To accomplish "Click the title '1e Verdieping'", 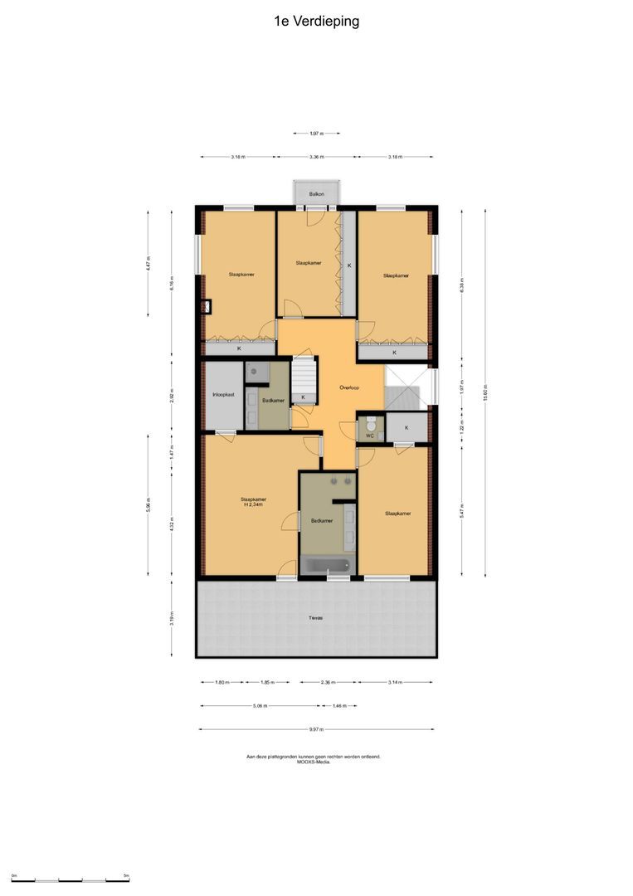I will pyautogui.click(x=316, y=22).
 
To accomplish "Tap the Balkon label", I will pyautogui.click(x=316, y=194).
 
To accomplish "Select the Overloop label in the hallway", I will pyautogui.click(x=348, y=387).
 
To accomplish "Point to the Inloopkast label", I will pyautogui.click(x=223, y=395).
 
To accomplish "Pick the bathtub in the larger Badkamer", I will pyautogui.click(x=328, y=566).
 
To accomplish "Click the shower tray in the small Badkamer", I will pyautogui.click(x=257, y=373).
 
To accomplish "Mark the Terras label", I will pyautogui.click(x=315, y=618).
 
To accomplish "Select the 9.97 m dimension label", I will pyautogui.click(x=316, y=729).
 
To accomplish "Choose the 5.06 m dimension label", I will pyautogui.click(x=261, y=706).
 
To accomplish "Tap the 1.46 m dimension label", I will pyautogui.click(x=338, y=706).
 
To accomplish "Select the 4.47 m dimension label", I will pyautogui.click(x=148, y=263).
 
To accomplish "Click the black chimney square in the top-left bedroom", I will pyautogui.click(x=205, y=306).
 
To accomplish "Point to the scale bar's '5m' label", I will pyautogui.click(x=126, y=875).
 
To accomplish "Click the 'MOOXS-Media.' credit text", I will pyautogui.click(x=313, y=761).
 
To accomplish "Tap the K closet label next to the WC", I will pyautogui.click(x=407, y=427).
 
